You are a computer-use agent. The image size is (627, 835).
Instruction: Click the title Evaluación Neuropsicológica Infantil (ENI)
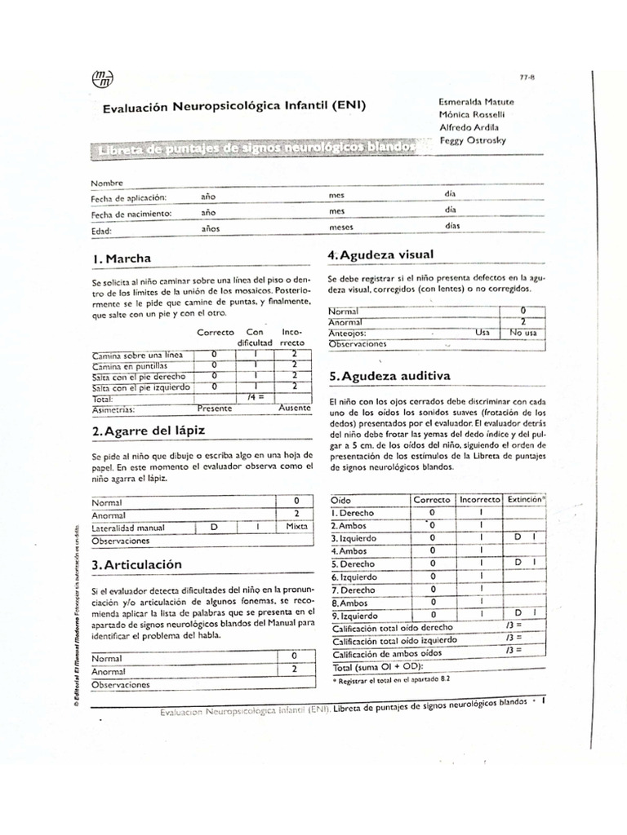[x=234, y=107]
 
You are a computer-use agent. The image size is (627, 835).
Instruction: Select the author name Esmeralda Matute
[x=476, y=101]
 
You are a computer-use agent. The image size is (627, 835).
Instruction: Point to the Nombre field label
[x=107, y=183]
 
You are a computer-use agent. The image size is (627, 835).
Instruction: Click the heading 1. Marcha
[x=122, y=258]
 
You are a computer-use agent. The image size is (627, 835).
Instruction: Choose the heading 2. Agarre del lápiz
[x=148, y=430]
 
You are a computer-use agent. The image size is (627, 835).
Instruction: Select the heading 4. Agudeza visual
[x=380, y=254]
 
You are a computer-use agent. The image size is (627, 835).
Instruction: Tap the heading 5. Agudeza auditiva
[x=388, y=376]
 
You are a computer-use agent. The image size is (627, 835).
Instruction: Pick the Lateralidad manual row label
[x=129, y=528]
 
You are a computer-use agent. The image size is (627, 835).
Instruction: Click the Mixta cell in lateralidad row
[x=296, y=527]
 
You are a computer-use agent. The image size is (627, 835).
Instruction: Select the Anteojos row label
[x=347, y=333]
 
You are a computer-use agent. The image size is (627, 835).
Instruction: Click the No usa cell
[x=522, y=333]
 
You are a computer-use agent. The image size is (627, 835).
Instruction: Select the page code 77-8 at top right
[x=527, y=78]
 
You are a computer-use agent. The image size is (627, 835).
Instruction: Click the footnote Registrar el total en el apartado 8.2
[x=391, y=678]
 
